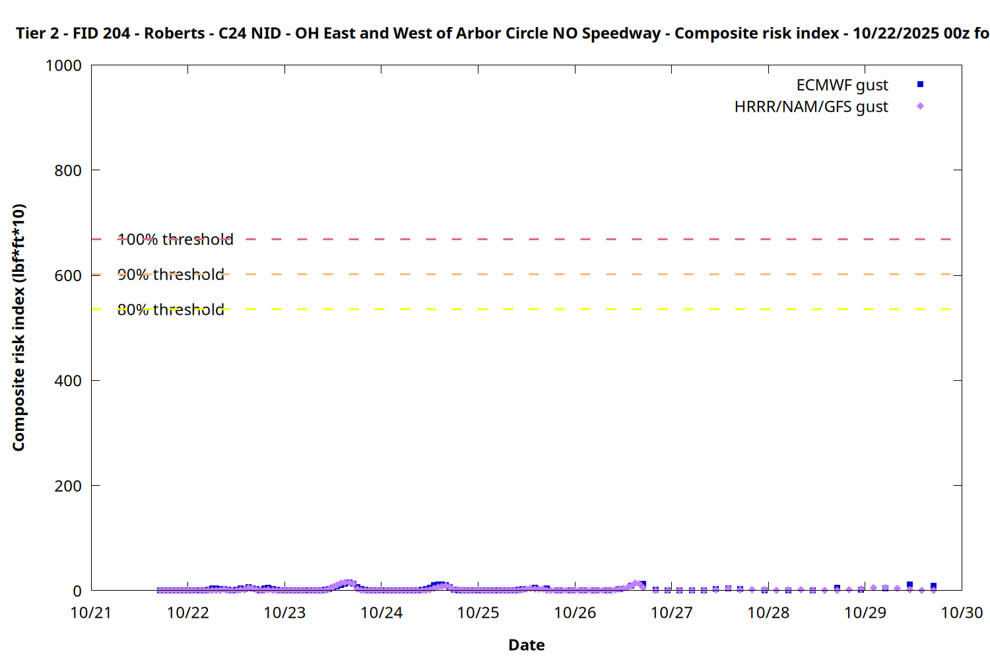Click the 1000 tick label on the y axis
pyautogui.click(x=63, y=65)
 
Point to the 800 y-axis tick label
pyautogui.click(x=68, y=170)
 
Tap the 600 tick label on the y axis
pyautogui.click(x=68, y=275)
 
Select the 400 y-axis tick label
pyautogui.click(x=68, y=381)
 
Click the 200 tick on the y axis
pyautogui.click(x=68, y=486)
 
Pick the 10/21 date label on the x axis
pyautogui.click(x=91, y=612)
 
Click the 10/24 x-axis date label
pyautogui.click(x=381, y=612)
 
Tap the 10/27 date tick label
pyautogui.click(x=672, y=612)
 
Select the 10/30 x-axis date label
pyautogui.click(x=962, y=612)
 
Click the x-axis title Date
pyautogui.click(x=526, y=645)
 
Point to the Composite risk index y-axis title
pyautogui.click(x=18, y=327)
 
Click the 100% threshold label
pyautogui.click(x=176, y=240)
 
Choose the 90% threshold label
pyautogui.click(x=171, y=275)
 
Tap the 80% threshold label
pyautogui.click(x=171, y=310)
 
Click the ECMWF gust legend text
pyautogui.click(x=842, y=85)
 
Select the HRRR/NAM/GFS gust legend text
pyautogui.click(x=811, y=107)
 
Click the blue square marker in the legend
pyautogui.click(x=920, y=84)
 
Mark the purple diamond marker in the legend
pyautogui.click(x=920, y=106)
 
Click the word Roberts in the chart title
pyautogui.click(x=174, y=33)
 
